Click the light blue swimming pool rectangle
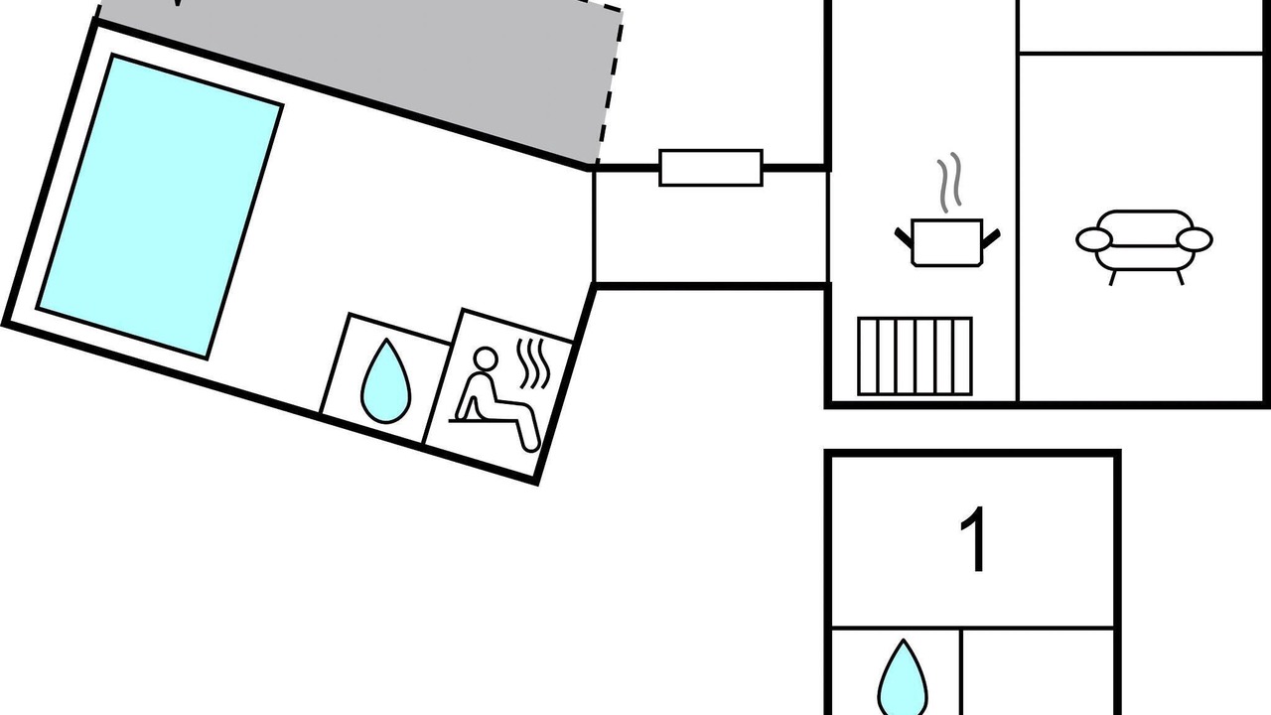click(160, 208)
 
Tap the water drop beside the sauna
click(386, 381)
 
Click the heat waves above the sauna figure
click(533, 363)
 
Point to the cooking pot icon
click(947, 242)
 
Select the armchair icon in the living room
click(1144, 247)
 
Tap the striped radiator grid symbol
click(915, 356)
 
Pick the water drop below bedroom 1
click(903, 678)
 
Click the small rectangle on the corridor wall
click(710, 168)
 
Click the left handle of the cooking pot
click(904, 237)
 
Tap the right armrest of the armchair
click(1195, 239)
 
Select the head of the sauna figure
click(486, 359)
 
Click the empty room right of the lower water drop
click(1038, 672)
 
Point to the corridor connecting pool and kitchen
click(710, 227)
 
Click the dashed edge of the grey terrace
click(610, 85)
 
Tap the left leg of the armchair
click(1113, 277)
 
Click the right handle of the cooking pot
click(991, 239)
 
